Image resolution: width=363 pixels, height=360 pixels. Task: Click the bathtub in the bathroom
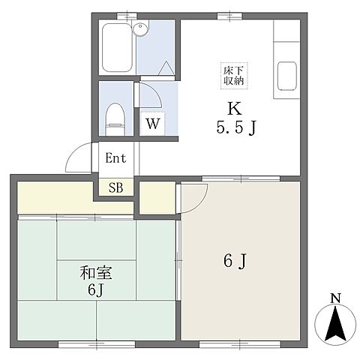coord(117,47)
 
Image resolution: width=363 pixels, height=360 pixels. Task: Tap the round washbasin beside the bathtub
coord(140,29)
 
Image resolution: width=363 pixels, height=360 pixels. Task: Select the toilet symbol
coord(115,119)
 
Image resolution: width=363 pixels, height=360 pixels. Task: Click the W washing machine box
coord(152,124)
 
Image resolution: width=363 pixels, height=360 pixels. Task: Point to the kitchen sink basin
coord(287,76)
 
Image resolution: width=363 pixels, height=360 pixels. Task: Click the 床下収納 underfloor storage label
coord(234,76)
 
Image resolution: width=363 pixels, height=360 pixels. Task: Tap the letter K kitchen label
coord(235,109)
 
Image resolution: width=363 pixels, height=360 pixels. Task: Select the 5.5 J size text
coord(236,127)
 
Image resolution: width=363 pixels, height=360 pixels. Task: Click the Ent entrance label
coord(115,158)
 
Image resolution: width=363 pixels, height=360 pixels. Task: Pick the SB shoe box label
coord(116,187)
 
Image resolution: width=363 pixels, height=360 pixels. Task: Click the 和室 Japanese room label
coord(96,273)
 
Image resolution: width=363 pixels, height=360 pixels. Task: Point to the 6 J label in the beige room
coord(235,261)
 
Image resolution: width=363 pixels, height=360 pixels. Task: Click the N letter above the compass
coord(335,298)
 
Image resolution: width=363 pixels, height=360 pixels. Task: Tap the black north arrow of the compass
coord(335,323)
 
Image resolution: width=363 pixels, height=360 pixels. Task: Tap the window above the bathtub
coord(127,16)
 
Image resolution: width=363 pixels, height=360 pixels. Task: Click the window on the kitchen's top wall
coord(229,16)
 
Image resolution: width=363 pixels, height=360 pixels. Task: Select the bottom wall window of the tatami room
coord(97,344)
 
